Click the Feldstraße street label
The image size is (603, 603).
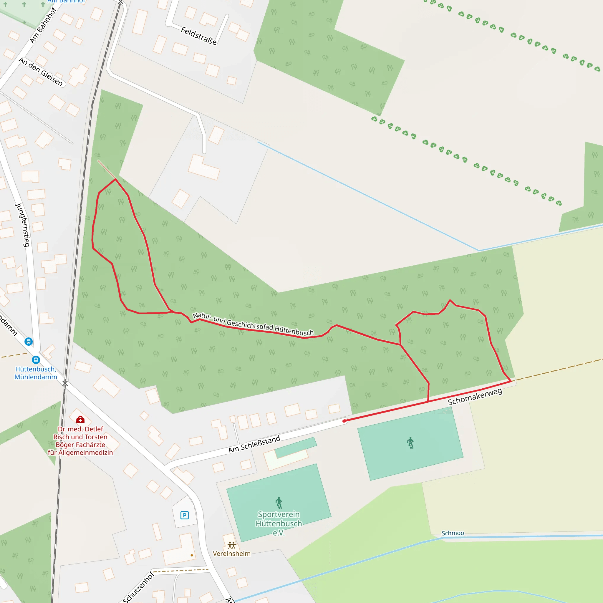pyautogui.click(x=198, y=36)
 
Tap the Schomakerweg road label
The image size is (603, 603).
pyautogui.click(x=475, y=397)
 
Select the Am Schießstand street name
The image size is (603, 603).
pyautogui.click(x=254, y=444)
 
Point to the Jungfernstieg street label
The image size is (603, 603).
pyautogui.click(x=23, y=225)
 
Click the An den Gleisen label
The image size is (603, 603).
pyautogui.click(x=41, y=72)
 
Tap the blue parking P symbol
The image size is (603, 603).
pyautogui.click(x=184, y=515)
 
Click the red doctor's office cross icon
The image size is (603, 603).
pyautogui.click(x=80, y=419)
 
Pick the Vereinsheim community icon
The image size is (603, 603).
pyautogui.click(x=232, y=545)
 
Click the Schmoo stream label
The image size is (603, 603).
pyautogui.click(x=453, y=533)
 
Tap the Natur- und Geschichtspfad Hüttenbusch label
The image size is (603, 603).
pyautogui.click(x=253, y=324)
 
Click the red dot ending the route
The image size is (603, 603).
pyautogui.click(x=344, y=421)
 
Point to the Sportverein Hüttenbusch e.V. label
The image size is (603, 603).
pyautogui.click(x=279, y=524)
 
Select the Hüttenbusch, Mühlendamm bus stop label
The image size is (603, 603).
pyautogui.click(x=36, y=373)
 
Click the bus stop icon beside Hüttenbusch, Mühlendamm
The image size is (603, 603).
pyautogui.click(x=36, y=360)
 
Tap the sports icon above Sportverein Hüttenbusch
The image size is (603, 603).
pyautogui.click(x=279, y=503)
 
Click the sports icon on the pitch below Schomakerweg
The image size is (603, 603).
pyautogui.click(x=410, y=443)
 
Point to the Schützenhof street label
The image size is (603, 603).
pyautogui.click(x=138, y=587)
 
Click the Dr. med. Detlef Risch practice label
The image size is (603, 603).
pyautogui.click(x=80, y=441)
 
